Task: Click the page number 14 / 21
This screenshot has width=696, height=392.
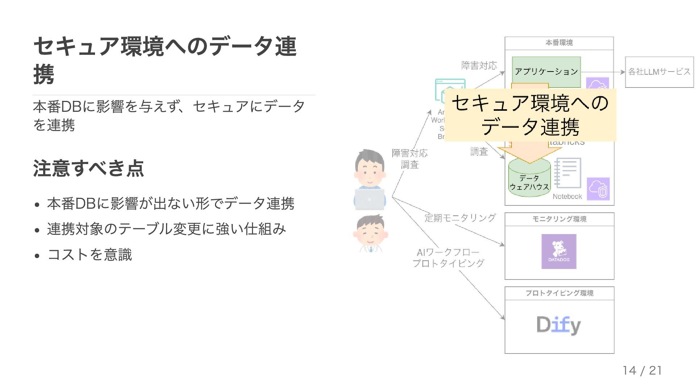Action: tap(642, 370)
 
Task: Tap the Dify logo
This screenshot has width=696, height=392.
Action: tap(559, 325)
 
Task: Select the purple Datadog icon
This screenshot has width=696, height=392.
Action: tap(559, 251)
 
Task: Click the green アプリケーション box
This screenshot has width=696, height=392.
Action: tap(546, 71)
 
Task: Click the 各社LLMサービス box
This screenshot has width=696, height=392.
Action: tap(659, 72)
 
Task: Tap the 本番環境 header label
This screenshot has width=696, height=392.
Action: tap(559, 43)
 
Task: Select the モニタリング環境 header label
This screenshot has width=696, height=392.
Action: tap(559, 219)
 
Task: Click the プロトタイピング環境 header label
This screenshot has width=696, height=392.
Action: tap(559, 293)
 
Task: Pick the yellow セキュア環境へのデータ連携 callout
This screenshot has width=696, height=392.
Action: tap(530, 115)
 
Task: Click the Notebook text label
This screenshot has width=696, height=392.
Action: tap(567, 196)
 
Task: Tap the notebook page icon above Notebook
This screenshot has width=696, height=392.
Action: tap(568, 173)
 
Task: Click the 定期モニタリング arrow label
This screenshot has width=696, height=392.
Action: tap(460, 218)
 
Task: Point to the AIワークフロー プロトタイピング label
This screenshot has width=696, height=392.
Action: tap(448, 258)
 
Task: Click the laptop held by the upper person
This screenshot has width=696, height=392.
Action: tap(369, 199)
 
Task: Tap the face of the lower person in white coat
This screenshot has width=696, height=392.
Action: tap(369, 232)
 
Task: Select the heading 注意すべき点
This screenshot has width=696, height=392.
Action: tap(88, 168)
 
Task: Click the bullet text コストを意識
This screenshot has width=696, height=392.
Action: tap(90, 254)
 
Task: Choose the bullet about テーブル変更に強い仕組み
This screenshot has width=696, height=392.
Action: tap(166, 229)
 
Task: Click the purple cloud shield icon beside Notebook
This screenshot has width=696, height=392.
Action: tap(598, 189)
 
